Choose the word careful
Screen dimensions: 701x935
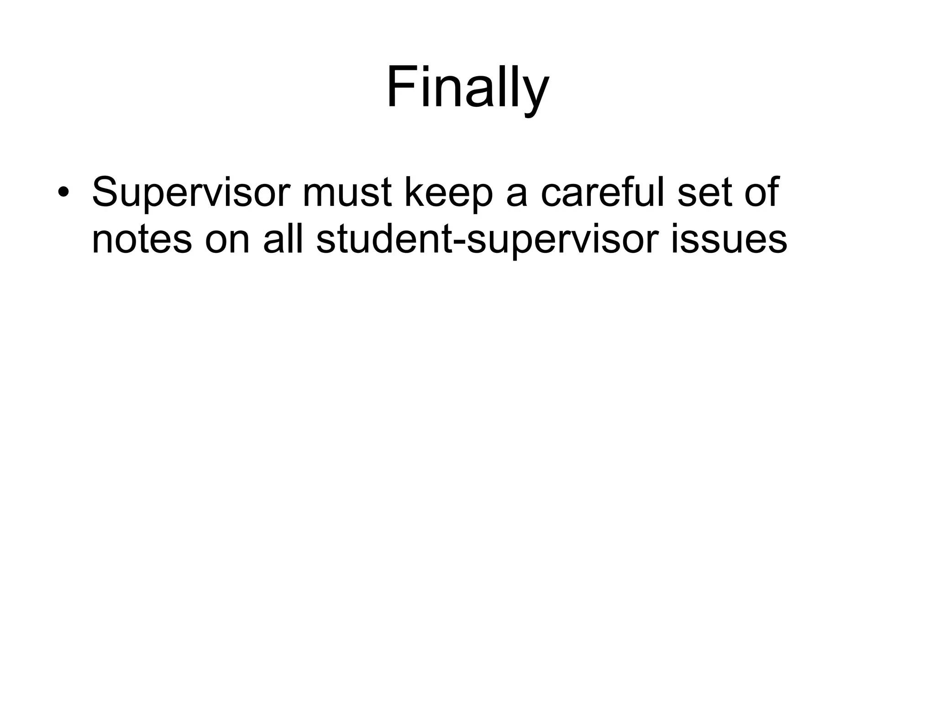click(603, 191)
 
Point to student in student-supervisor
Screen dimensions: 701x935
click(383, 239)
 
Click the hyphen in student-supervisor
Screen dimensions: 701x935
click(459, 242)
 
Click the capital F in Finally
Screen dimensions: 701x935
click(401, 87)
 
